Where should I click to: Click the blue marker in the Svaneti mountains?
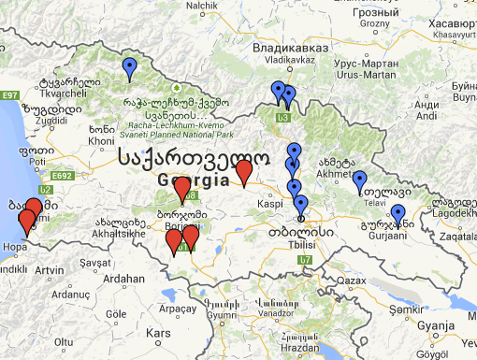pos(130,67)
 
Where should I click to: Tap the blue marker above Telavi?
pos(359,181)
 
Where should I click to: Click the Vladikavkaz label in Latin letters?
pos(287,59)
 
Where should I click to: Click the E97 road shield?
pos(11,96)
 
